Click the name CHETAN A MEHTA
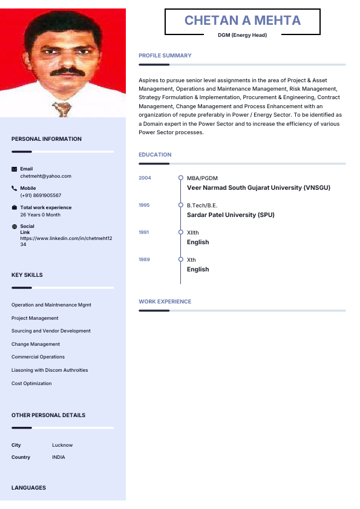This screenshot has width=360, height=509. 242,21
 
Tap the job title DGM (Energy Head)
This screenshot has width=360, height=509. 242,35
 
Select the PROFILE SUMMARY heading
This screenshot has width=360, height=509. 165,56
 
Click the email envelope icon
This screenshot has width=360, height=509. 15,169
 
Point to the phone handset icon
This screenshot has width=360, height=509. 15,189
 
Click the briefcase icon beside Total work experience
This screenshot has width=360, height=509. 15,208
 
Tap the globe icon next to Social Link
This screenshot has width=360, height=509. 15,227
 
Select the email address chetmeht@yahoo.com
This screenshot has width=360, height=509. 45,176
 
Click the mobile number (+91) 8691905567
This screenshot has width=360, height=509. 41,195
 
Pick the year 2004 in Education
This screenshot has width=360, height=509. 145,178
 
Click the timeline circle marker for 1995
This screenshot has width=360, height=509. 180,206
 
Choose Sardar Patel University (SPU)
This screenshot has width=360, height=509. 231,215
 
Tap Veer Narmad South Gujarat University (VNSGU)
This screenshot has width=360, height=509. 258,187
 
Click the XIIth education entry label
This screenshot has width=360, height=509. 192,233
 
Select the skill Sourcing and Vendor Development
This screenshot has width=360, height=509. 51,331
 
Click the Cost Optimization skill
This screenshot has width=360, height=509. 31,383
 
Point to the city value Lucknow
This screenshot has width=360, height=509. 62,445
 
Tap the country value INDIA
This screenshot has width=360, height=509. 59,457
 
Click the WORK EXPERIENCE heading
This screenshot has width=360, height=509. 165,302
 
